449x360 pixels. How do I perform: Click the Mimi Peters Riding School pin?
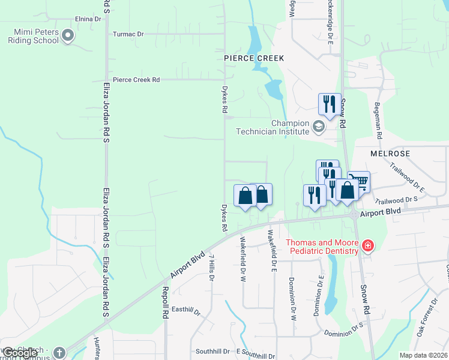(68, 37)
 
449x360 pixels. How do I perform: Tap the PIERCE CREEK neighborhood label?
(253, 58)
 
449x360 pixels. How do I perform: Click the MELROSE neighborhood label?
(390, 154)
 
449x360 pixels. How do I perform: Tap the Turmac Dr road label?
(128, 34)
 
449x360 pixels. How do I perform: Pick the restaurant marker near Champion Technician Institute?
(330, 103)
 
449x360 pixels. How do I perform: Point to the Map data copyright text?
(423, 355)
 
